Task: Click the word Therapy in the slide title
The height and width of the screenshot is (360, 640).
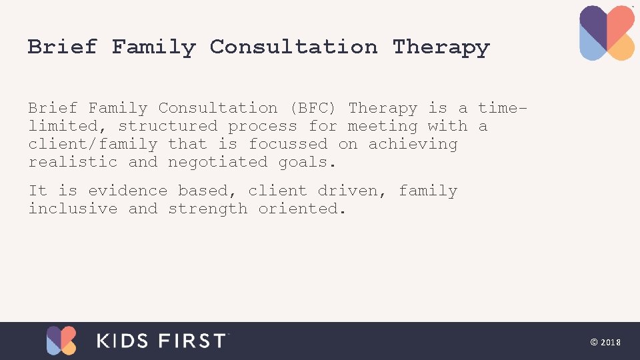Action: pyautogui.click(x=441, y=47)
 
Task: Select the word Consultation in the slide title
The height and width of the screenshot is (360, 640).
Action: pyautogui.click(x=293, y=47)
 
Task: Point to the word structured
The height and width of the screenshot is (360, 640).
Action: pyautogui.click(x=168, y=126)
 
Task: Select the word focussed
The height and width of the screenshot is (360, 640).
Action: pyautogui.click(x=288, y=144)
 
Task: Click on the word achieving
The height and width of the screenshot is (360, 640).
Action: pyautogui.click(x=413, y=144)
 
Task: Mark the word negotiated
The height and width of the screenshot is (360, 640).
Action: pyautogui.click(x=218, y=162)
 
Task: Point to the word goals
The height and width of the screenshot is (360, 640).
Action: pyautogui.click(x=308, y=162)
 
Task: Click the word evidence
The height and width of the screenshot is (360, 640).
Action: pyautogui.click(x=128, y=191)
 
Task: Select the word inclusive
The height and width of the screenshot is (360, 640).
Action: pyautogui.click(x=73, y=209)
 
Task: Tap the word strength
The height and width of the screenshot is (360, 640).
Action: pyautogui.click(x=208, y=209)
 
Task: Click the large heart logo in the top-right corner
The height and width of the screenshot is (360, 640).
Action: pyautogui.click(x=607, y=33)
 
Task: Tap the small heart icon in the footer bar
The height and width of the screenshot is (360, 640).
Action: pyautogui.click(x=61, y=340)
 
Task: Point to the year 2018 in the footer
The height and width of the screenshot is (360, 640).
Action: pyautogui.click(x=611, y=342)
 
